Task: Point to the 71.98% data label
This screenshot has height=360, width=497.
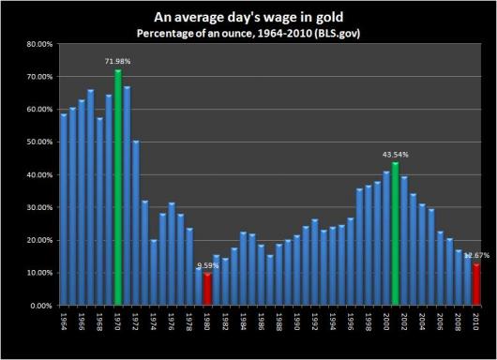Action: tap(117, 61)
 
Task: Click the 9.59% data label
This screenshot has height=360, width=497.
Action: tap(206, 265)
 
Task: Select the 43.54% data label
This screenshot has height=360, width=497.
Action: tap(395, 154)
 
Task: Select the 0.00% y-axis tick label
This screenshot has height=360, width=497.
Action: tap(39, 306)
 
